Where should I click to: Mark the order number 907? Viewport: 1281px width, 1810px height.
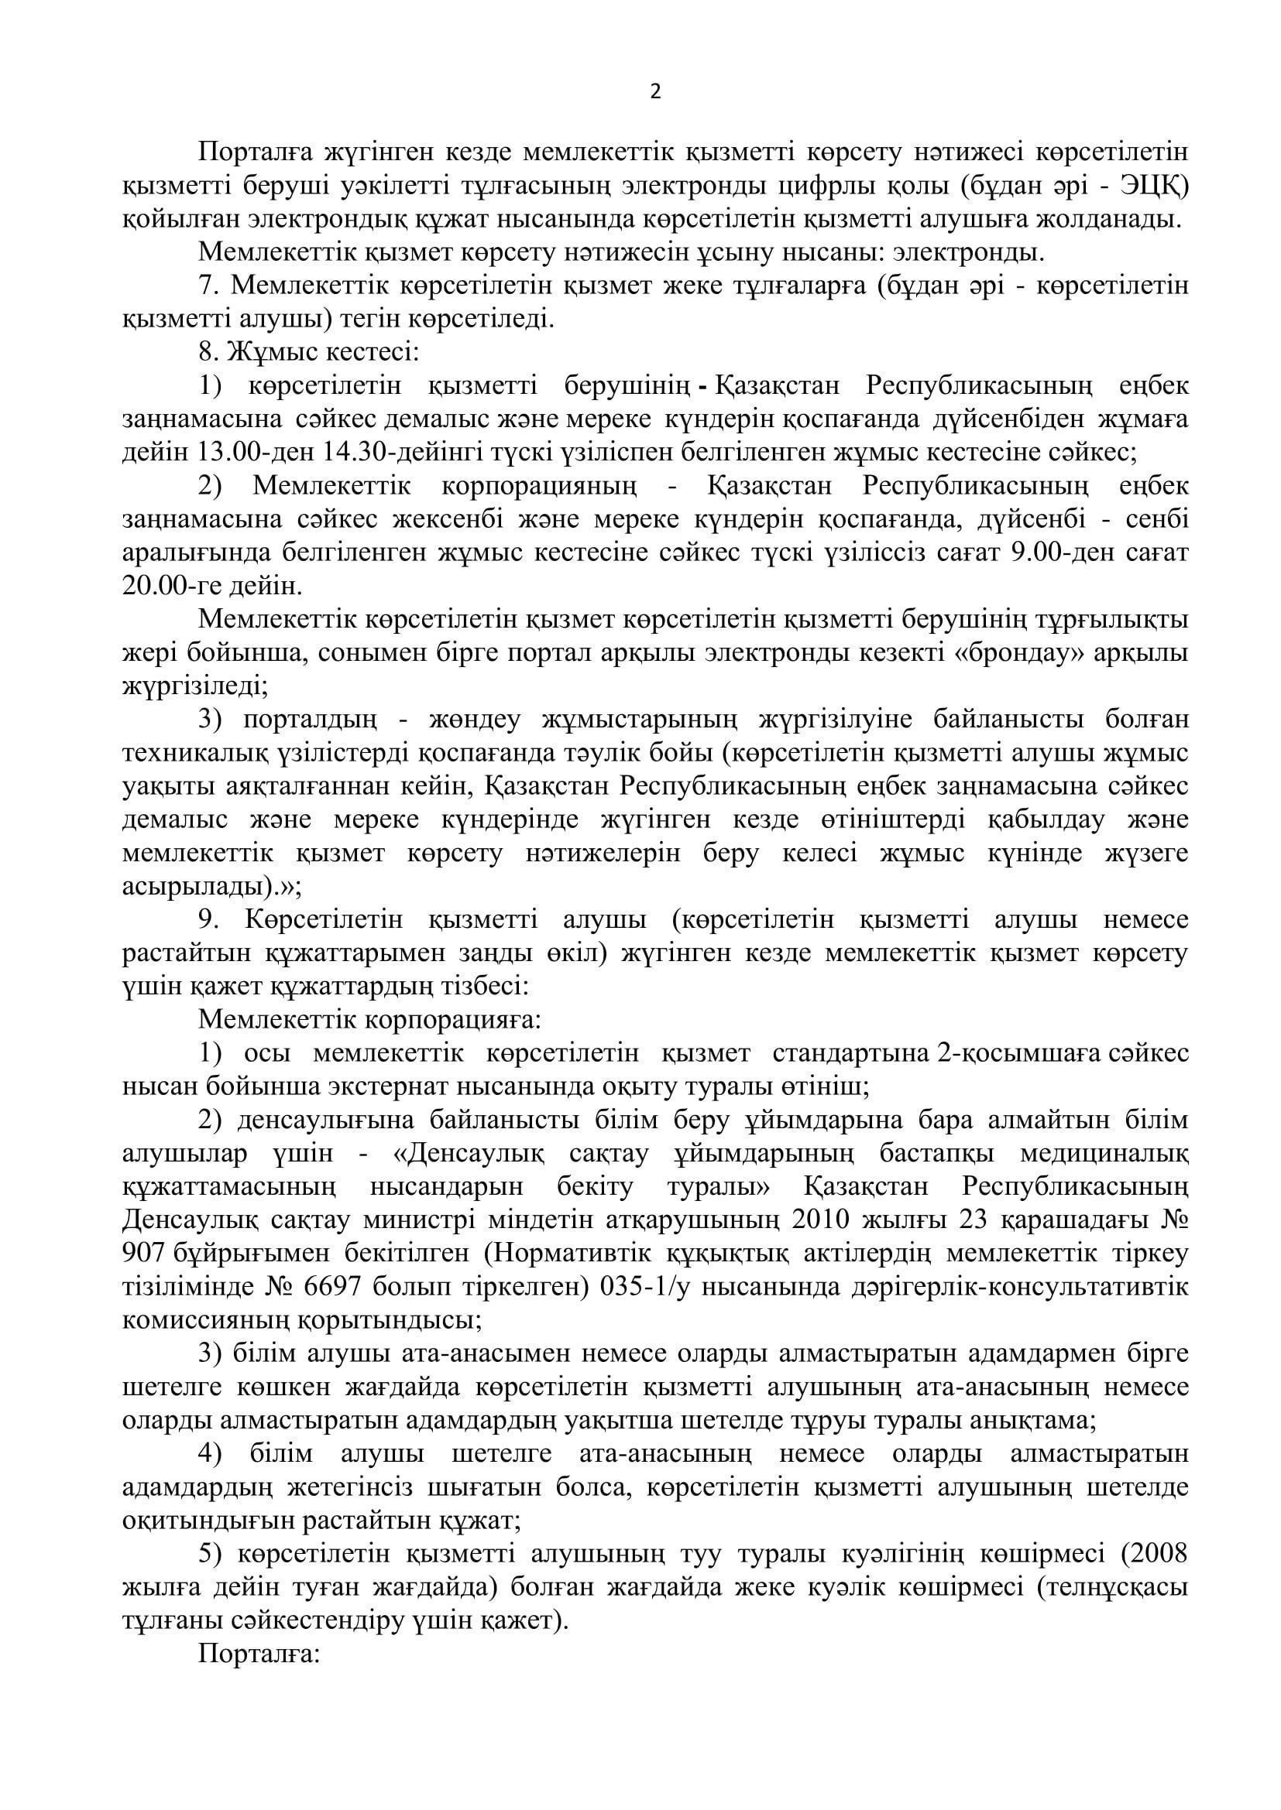coord(143,1254)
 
